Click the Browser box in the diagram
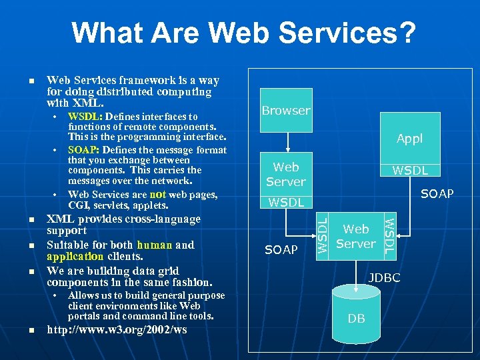[285, 111]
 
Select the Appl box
[409, 139]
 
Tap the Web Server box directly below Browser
[285, 175]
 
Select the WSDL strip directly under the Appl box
[409, 171]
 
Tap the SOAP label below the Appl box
[437, 194]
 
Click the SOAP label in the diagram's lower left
[281, 250]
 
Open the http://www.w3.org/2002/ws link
[117, 329]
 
